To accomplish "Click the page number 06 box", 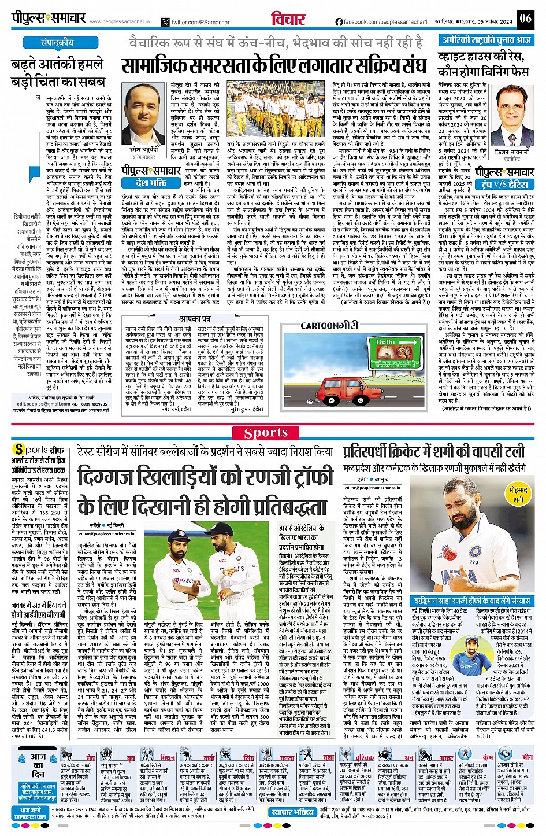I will point(525,18).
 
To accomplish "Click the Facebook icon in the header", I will point(339,22).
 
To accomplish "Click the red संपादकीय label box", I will point(57,43).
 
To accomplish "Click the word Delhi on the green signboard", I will point(386,342).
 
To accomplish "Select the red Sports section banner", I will point(266,433).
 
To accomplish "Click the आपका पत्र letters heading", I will point(195,319).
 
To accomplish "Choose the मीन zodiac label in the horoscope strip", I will point(528,757).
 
